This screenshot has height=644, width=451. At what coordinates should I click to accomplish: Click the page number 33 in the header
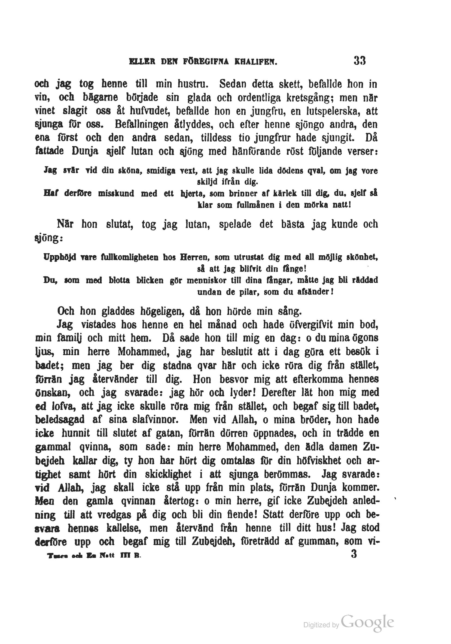359,61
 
